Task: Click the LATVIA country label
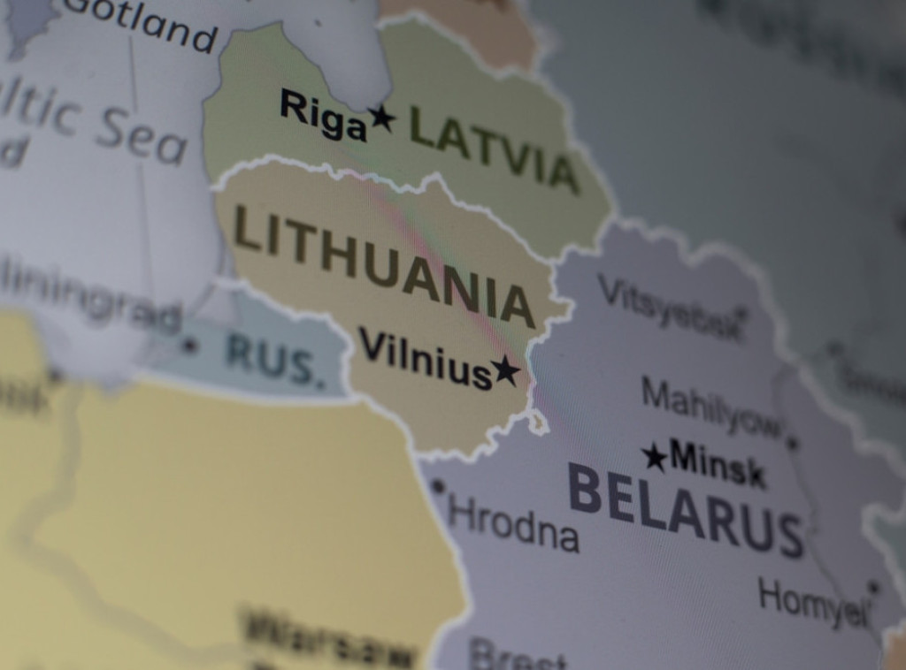[494, 148]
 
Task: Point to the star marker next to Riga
[382, 117]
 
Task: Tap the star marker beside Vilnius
[506, 369]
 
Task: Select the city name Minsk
[717, 463]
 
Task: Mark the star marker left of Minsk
[654, 457]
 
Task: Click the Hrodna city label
[513, 523]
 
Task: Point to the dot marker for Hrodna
[437, 486]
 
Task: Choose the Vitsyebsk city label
[669, 308]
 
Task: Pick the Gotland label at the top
[142, 24]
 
